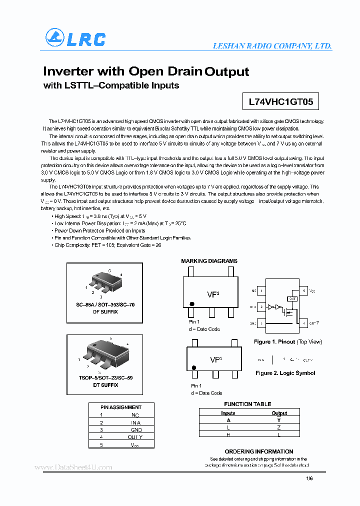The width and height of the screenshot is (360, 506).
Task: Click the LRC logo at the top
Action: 75,38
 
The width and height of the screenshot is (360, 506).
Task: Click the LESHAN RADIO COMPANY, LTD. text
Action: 272,45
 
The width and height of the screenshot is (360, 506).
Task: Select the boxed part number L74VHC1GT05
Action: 280,102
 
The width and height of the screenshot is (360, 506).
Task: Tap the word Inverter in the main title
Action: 67,71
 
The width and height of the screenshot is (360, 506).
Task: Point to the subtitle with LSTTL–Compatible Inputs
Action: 111,85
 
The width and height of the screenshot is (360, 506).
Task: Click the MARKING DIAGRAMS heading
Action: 209,261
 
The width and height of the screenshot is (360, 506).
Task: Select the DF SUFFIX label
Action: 105,311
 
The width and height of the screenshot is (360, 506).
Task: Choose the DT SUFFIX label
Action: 105,385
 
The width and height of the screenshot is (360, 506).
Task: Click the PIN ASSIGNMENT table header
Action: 121,407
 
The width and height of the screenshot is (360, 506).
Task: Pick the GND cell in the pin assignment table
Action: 136,429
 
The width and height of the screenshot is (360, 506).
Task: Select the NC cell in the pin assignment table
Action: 135,415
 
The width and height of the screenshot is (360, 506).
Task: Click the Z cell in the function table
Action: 279,427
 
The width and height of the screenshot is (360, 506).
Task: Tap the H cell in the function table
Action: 228,434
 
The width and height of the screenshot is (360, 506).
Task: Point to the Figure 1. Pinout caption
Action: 287,342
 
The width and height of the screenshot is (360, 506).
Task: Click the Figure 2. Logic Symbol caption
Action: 285,373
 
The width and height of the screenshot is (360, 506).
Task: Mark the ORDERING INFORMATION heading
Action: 258,451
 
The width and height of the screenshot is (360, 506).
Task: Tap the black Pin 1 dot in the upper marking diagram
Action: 192,303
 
